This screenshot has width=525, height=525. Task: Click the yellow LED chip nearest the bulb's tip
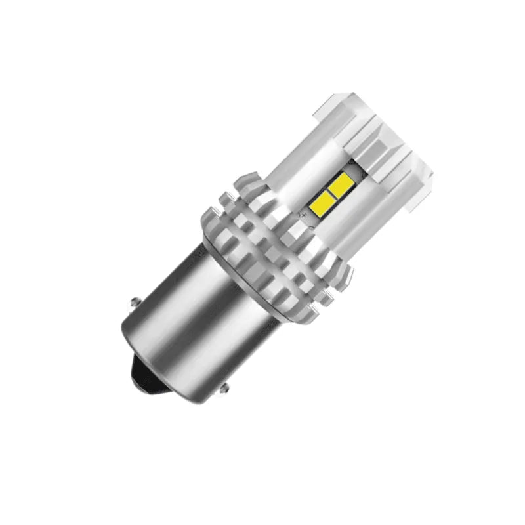coord(343,187)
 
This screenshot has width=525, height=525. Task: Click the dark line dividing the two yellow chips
coord(334,193)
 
